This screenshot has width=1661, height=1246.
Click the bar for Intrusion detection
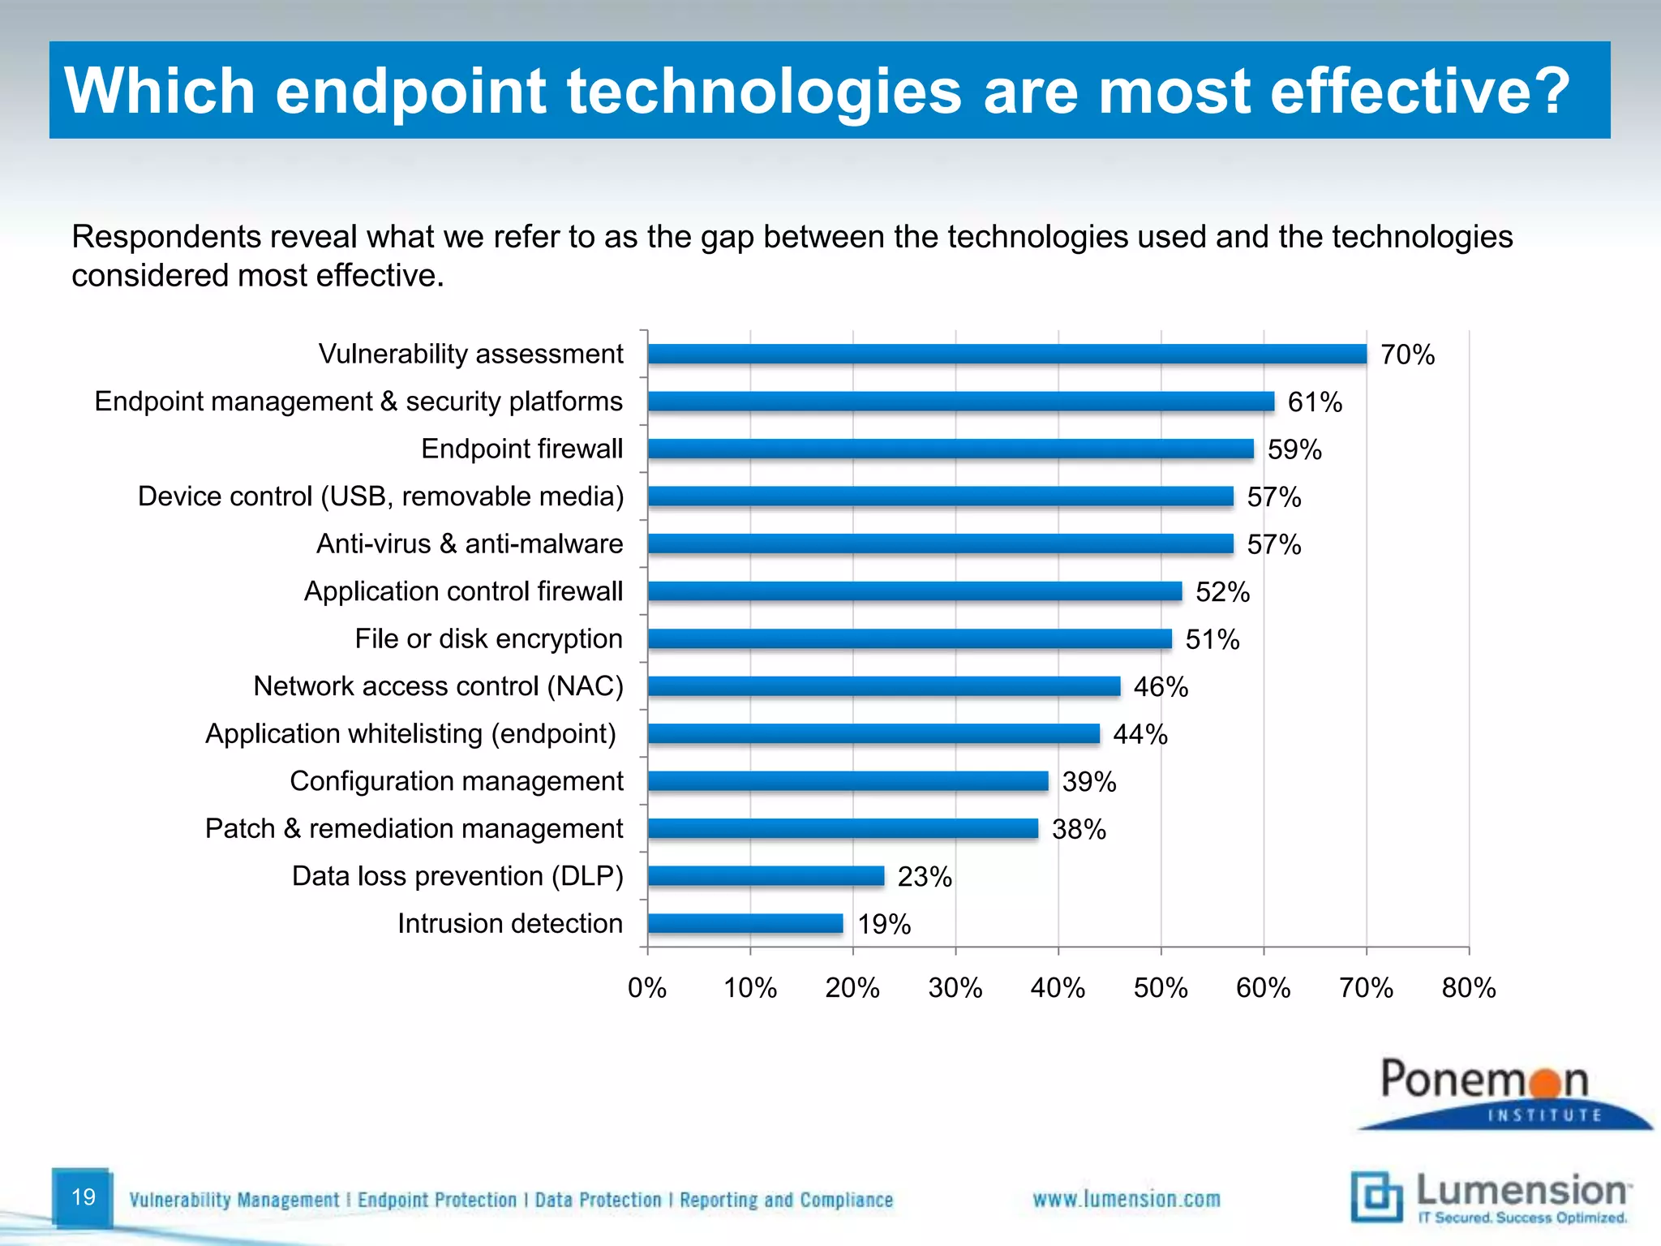[x=745, y=924]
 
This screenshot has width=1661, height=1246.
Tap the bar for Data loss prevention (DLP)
[x=766, y=876]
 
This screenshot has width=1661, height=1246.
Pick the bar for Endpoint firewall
[x=951, y=449]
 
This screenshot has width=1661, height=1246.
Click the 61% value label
[x=1315, y=402]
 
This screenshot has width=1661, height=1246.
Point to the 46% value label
[x=1161, y=687]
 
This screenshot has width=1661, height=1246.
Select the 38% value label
[x=1079, y=829]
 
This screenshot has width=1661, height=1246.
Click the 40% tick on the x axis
[x=1058, y=988]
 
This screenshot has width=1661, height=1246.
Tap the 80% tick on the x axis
[x=1469, y=988]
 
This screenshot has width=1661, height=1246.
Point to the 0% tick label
[x=647, y=988]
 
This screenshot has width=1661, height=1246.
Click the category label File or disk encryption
[x=488, y=639]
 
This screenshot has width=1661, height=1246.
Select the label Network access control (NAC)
[x=438, y=686]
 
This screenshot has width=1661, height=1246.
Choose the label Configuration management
[x=457, y=781]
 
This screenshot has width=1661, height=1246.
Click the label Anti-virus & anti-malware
[x=470, y=544]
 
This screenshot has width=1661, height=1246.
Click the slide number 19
[x=84, y=1197]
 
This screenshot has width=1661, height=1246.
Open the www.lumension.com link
[x=1126, y=1199]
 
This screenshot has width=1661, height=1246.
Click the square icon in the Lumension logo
[x=1376, y=1196]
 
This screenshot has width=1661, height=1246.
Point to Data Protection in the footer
[x=598, y=1200]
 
